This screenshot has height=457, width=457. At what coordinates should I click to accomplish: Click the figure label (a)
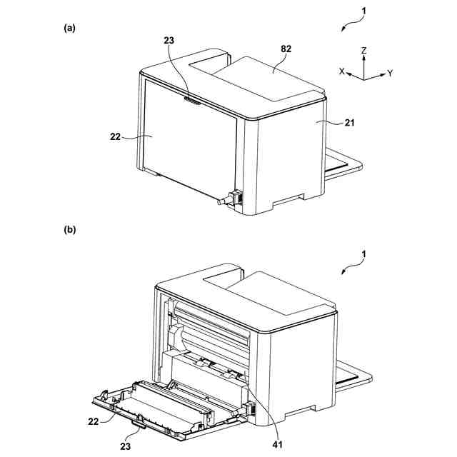[69, 28]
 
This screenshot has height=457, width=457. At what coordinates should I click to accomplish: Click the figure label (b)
[69, 230]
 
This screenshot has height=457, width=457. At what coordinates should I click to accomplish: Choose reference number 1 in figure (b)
[366, 253]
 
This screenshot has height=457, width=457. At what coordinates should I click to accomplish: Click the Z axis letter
[364, 51]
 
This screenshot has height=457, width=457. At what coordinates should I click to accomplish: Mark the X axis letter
[341, 71]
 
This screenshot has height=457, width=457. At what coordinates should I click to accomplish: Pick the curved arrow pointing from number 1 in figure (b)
[350, 267]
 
